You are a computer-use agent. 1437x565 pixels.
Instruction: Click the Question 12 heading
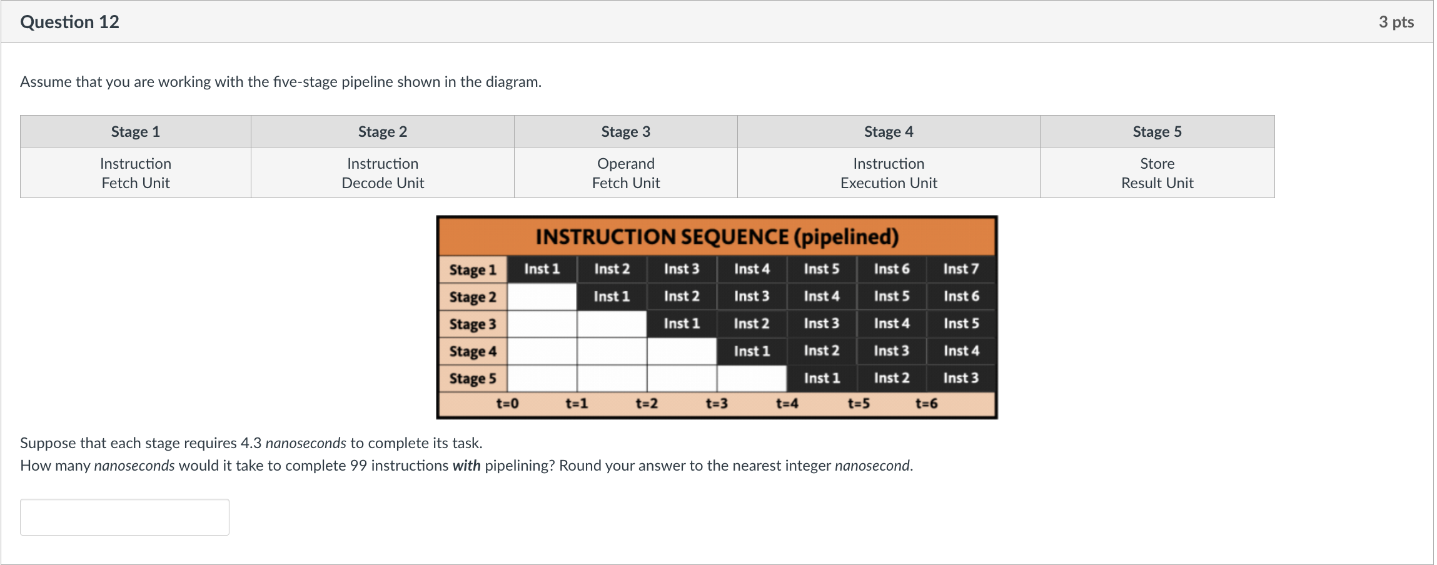69,22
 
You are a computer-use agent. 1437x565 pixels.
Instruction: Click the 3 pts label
1396,22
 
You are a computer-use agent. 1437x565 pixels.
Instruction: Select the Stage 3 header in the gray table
625,132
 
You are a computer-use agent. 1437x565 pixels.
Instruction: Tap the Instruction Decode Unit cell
383,173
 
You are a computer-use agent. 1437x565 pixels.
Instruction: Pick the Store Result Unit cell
1157,173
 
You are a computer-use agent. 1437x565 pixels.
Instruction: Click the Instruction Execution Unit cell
888,173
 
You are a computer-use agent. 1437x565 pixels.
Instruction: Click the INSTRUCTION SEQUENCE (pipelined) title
717,237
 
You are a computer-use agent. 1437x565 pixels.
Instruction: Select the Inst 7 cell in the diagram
961,269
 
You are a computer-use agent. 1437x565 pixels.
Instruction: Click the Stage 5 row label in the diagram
472,379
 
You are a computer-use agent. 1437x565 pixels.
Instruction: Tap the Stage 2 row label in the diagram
472,297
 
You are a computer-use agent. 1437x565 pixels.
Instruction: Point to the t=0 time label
507,404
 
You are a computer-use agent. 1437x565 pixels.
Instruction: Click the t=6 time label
926,404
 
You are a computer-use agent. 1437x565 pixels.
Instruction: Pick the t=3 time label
717,404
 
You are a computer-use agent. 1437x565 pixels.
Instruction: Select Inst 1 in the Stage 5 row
821,378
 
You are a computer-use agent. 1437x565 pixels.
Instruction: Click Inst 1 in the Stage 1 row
542,269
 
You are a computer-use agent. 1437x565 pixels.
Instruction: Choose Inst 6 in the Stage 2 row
961,296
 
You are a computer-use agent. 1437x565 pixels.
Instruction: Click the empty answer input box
124,517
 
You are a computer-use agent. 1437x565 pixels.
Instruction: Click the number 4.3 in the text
251,443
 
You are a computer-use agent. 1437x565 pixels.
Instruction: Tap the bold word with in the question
466,466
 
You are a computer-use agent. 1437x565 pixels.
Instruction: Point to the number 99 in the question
358,466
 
